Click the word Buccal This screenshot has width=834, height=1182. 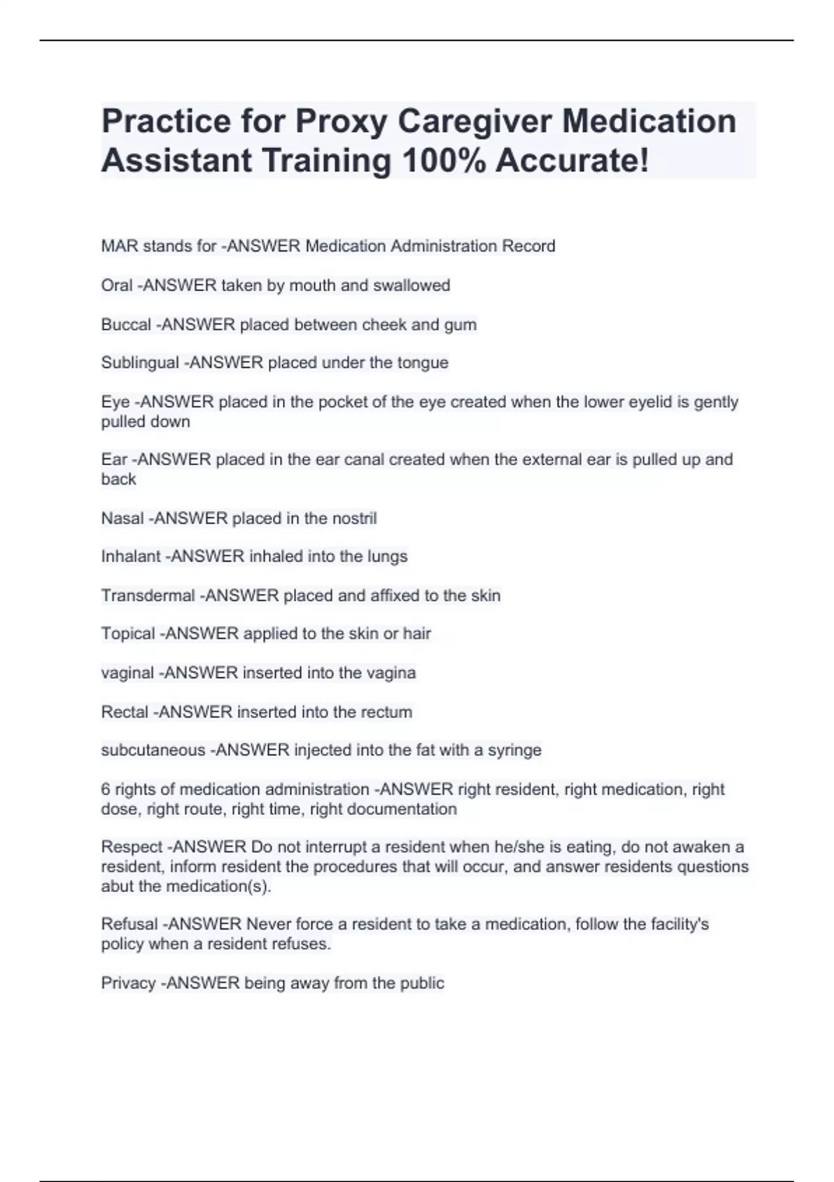coord(126,325)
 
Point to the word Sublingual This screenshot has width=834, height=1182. coord(140,363)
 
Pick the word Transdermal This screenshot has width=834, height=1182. coord(147,596)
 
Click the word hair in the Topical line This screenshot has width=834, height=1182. coord(417,634)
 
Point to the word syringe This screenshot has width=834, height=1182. coord(515,751)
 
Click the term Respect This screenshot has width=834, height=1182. coord(131,848)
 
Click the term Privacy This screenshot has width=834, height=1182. coord(128,983)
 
